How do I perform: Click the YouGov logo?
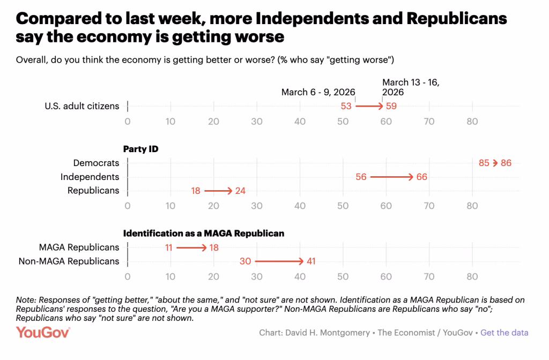43,332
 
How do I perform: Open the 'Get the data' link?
504,333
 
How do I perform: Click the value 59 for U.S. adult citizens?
391,106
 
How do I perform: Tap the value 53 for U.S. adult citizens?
346,106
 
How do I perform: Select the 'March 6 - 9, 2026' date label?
318,92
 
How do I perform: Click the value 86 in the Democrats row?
506,163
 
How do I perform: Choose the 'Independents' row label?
90,177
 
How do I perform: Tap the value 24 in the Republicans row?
240,191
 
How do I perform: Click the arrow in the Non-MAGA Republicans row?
279,261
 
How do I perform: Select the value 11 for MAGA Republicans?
168,247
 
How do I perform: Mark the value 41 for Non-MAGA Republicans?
310,261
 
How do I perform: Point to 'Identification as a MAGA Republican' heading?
204,234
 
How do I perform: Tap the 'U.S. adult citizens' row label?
81,106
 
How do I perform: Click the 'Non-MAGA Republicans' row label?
69,261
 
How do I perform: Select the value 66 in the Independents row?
421,177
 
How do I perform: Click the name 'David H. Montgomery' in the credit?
327,333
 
